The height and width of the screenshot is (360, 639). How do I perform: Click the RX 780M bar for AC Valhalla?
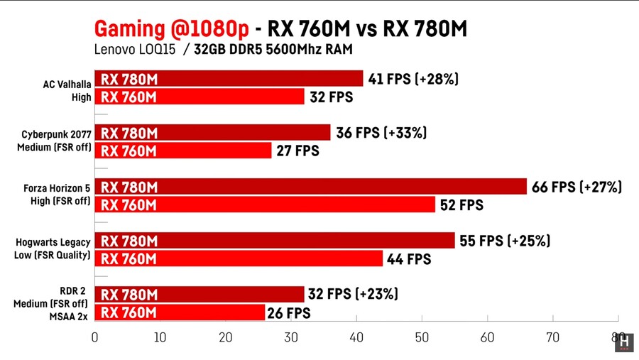point(229,79)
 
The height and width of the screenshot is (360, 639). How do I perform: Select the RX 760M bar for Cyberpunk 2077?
point(183,151)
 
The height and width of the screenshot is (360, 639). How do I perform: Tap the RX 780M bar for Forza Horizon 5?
point(310,187)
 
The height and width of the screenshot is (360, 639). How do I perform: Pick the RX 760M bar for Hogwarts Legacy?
point(239,259)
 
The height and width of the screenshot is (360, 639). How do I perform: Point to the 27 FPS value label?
point(297,151)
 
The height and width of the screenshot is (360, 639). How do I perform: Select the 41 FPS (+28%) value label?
point(413,79)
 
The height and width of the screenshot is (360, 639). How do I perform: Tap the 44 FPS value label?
point(409,259)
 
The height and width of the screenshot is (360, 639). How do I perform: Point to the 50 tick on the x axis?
point(422,337)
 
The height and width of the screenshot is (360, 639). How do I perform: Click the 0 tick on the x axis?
point(95,337)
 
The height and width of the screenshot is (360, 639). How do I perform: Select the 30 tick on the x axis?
point(291,337)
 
